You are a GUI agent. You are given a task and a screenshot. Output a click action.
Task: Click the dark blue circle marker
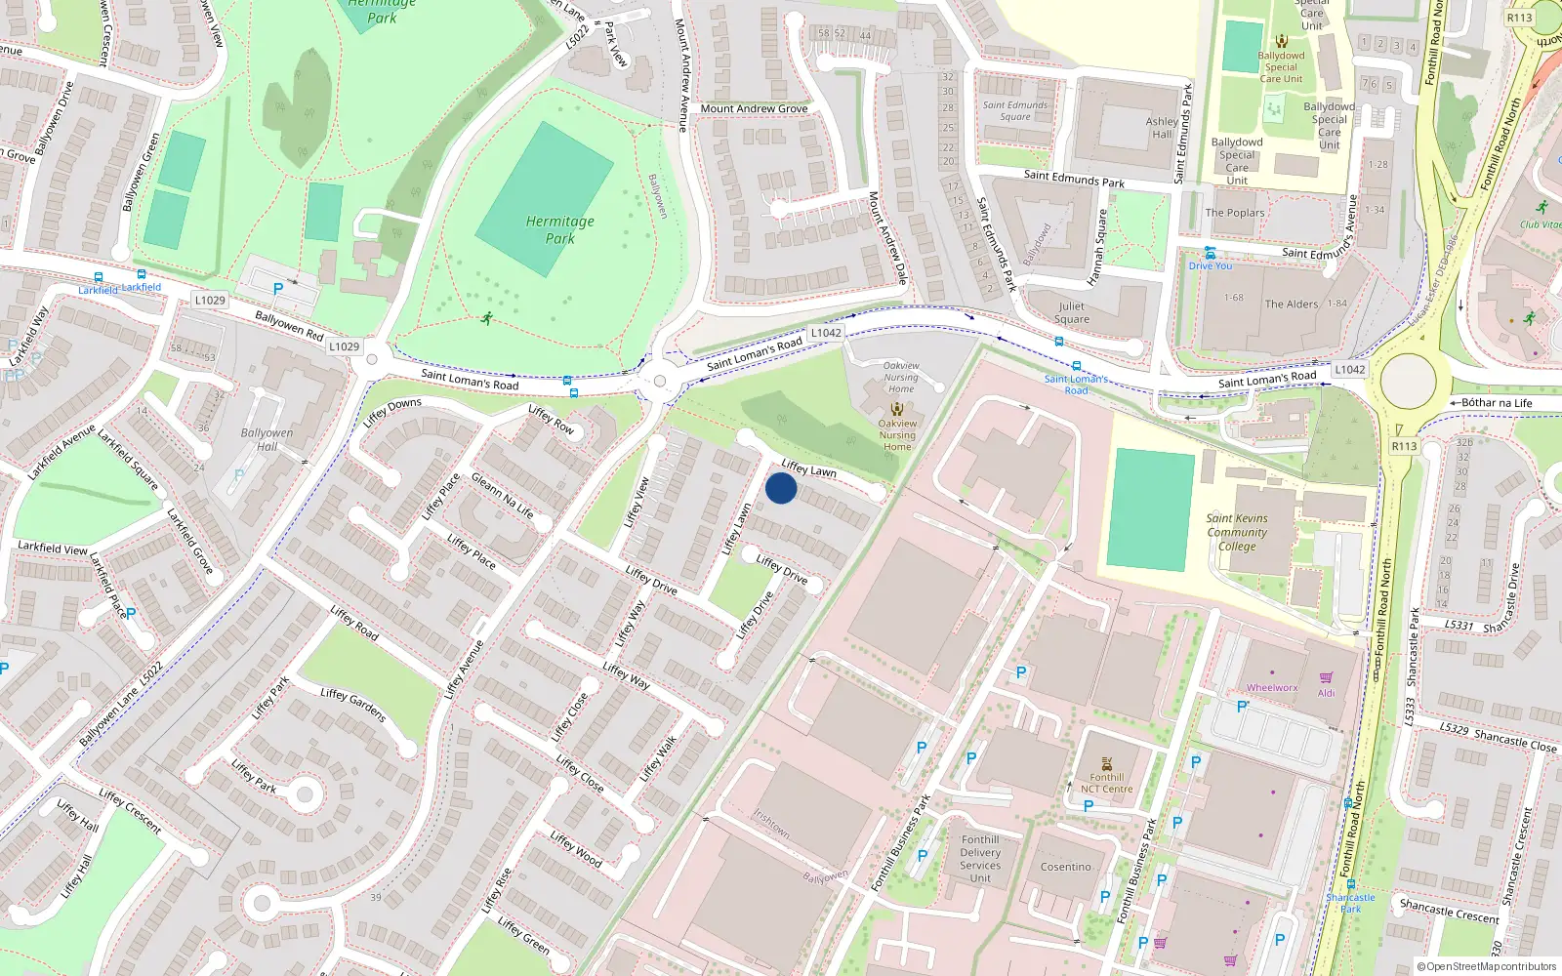781,488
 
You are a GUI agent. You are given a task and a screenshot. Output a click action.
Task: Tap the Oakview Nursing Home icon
896,410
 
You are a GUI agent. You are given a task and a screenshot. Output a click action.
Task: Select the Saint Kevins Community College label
1237,533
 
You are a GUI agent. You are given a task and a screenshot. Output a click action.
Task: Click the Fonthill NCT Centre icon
1106,764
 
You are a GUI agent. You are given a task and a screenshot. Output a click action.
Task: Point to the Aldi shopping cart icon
1326,678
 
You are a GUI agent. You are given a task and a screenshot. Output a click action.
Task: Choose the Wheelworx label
1272,688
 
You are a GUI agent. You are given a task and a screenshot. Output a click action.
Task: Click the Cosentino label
1065,867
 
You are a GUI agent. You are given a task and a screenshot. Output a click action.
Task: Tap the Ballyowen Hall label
267,440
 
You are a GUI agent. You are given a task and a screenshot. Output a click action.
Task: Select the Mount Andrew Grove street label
754,108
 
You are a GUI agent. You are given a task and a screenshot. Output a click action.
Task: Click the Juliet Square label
1071,312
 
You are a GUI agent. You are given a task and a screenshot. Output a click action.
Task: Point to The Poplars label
1234,213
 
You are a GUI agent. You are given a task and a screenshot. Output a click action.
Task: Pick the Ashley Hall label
1162,128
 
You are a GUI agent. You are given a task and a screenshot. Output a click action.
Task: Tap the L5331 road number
1459,625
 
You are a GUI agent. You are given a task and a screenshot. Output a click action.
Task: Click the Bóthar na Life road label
1497,403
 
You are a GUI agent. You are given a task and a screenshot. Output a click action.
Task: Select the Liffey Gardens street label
353,705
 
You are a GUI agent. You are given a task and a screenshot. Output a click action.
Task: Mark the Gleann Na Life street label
503,496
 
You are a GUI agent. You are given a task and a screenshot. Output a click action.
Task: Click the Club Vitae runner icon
1541,208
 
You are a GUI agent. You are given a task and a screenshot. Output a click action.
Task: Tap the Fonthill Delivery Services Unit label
980,859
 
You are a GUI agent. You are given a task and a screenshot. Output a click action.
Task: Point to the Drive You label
1210,265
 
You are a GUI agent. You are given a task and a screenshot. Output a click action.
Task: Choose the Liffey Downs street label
392,412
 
